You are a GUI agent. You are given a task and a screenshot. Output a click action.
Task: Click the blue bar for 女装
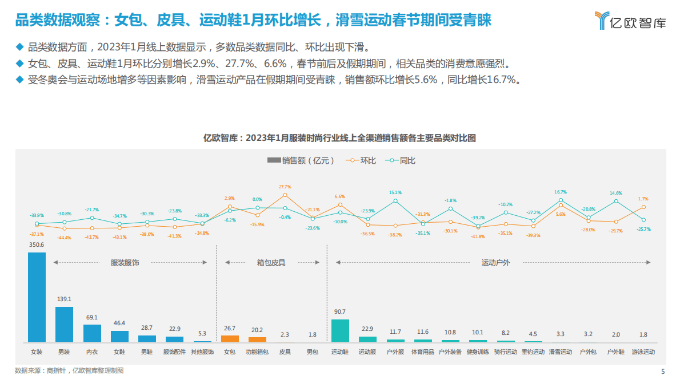(x=37, y=297)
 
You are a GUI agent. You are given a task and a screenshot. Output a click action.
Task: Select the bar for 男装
(x=64, y=324)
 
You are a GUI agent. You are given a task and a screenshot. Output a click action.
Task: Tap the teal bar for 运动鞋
(x=340, y=330)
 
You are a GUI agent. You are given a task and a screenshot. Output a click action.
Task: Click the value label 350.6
(x=37, y=244)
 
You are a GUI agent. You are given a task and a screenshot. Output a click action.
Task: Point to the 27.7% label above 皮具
(x=285, y=187)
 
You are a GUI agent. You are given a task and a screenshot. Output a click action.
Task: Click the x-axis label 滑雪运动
(x=561, y=352)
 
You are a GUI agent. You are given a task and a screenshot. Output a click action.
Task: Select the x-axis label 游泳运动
(x=643, y=352)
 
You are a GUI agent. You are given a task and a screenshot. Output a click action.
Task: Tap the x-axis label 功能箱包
(x=257, y=352)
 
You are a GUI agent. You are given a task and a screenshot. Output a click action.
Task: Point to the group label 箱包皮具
(x=271, y=263)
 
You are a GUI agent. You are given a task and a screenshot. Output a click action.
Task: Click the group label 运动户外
(x=495, y=263)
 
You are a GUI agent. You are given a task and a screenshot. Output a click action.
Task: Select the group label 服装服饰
(x=125, y=263)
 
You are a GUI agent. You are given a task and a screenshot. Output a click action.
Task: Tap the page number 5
(x=663, y=372)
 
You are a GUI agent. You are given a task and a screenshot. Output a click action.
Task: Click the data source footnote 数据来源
(x=69, y=371)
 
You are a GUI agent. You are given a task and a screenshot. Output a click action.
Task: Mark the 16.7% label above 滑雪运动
(x=561, y=192)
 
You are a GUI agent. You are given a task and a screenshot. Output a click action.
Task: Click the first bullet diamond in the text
(x=20, y=46)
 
